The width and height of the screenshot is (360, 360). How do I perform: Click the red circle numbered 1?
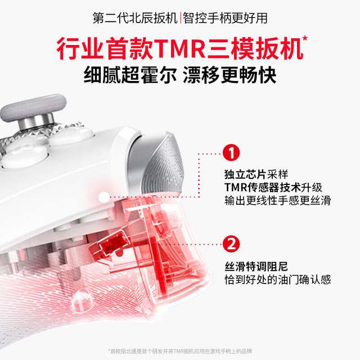231,152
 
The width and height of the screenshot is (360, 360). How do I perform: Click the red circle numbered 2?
231,244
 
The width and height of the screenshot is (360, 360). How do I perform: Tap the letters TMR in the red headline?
180,49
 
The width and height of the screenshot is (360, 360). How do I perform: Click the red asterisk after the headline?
305,39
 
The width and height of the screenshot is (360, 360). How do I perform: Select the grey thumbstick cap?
33,107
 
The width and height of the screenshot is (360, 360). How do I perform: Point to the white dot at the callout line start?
104,197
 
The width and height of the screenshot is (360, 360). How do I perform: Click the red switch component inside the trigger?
110,246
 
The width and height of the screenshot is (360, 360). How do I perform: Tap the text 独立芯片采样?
256,174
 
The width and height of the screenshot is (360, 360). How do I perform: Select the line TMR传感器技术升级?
273,187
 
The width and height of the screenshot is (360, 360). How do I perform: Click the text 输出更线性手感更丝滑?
277,200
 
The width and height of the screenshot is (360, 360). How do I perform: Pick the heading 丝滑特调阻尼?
256,267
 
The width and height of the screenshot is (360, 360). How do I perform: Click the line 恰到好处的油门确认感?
277,280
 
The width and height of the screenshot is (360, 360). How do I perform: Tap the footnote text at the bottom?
180,351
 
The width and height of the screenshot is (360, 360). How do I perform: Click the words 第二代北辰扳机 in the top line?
135,18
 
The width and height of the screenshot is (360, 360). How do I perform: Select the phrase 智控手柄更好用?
225,18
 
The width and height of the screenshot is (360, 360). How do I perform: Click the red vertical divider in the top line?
180,18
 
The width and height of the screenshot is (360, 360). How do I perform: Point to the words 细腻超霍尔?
130,75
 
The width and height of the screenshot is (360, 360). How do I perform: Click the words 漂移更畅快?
229,75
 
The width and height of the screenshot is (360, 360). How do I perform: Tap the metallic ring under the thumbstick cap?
36,121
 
